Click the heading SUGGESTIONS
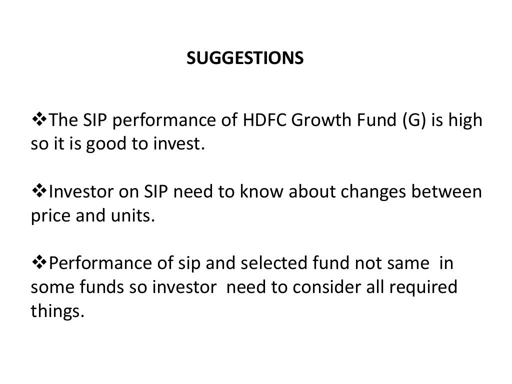pos(245,59)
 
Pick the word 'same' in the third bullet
pos(402,264)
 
